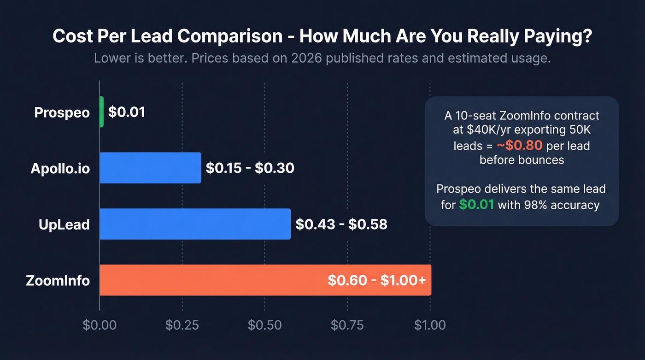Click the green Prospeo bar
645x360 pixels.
point(101,112)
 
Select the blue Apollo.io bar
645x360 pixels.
point(150,168)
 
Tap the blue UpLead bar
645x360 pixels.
point(195,224)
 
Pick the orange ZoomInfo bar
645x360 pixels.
point(212,280)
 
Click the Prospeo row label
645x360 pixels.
point(62,112)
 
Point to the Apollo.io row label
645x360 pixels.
point(60,169)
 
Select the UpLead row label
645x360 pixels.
point(64,225)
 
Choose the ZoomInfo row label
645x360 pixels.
point(58,280)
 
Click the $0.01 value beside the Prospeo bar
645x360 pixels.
point(127,112)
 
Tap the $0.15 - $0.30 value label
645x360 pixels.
point(250,168)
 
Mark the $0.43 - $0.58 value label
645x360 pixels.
point(341,224)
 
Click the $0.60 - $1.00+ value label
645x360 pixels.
point(376,280)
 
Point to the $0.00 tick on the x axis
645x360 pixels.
point(100,325)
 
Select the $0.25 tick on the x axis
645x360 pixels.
point(182,325)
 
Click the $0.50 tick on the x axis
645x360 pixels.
point(264,325)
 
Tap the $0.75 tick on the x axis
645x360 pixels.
point(347,325)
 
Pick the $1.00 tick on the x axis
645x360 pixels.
point(430,325)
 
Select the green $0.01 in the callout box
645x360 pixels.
point(476,205)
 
